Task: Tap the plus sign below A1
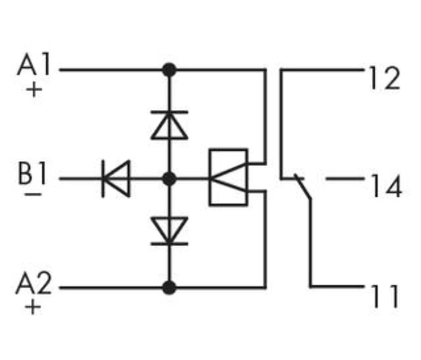point(34,90)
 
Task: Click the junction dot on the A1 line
point(169,70)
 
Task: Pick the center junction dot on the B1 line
point(169,179)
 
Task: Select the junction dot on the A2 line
point(169,288)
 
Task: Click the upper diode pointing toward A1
point(169,124)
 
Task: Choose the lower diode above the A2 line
point(169,231)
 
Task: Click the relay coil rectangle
point(228,177)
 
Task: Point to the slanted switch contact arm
point(304,188)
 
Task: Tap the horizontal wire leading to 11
point(336,288)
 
